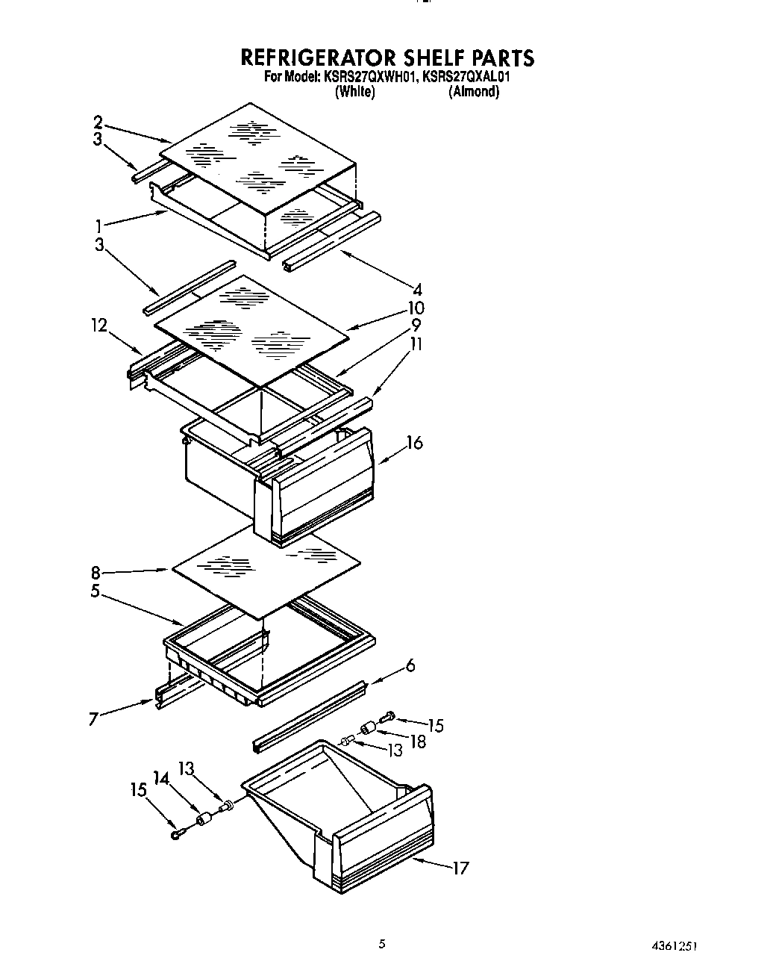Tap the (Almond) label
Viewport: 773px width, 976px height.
pos(474,92)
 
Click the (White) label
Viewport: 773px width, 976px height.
pos(355,92)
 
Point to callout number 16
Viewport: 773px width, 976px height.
pos(414,443)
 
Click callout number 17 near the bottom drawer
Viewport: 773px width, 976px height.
pos(460,868)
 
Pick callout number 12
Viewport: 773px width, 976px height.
pos(98,326)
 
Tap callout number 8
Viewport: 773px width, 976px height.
pos(96,574)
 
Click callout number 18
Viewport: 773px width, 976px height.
pos(419,742)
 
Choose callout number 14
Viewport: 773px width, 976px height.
pos(161,777)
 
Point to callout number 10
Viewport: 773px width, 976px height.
pos(416,308)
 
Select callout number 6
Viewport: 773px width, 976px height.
pos(410,665)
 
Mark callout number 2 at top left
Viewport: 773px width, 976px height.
pos(98,122)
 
